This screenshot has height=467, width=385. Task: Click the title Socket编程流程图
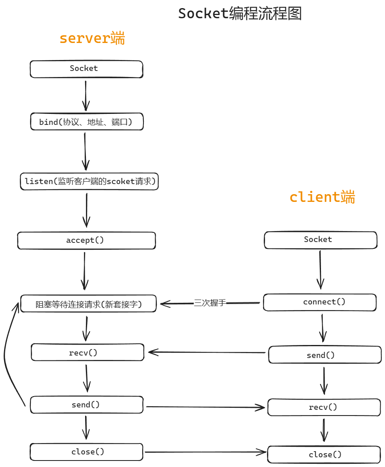coord(240,14)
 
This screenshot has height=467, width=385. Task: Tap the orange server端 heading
coord(92,39)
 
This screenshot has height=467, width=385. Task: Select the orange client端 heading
coord(322,197)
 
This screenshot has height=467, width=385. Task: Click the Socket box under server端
coord(86,69)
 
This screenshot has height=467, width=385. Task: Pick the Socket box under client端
coord(320,240)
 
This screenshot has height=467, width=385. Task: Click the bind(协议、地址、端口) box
coord(87,122)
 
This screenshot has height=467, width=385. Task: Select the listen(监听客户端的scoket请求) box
coord(89,181)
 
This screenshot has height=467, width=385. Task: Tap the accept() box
coord(86,240)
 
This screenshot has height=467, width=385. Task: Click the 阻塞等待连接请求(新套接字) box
coord(88,304)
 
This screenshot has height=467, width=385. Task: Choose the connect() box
coord(320,302)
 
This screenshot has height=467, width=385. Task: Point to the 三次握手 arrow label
coord(210,303)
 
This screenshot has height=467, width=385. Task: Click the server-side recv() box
coord(88,352)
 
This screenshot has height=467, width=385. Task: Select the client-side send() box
coord(325,355)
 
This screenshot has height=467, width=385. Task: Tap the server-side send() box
coord(87,405)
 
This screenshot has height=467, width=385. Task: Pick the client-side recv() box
coord(324,407)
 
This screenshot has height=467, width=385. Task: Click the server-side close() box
coord(87,452)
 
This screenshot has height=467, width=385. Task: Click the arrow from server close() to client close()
coord(205,452)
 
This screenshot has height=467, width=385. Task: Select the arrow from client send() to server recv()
coord(207,352)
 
